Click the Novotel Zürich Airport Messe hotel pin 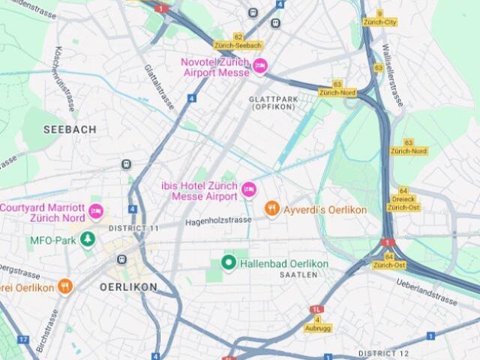(x=260, y=66)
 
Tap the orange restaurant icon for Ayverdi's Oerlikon (x=271, y=209)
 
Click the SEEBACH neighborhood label (x=70, y=130)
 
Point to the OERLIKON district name (x=128, y=287)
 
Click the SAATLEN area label (x=294, y=275)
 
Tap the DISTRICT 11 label (x=133, y=228)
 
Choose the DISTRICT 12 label (x=383, y=353)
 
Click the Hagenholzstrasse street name (x=218, y=221)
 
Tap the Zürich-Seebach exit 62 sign (x=238, y=41)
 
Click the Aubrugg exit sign (x=317, y=324)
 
